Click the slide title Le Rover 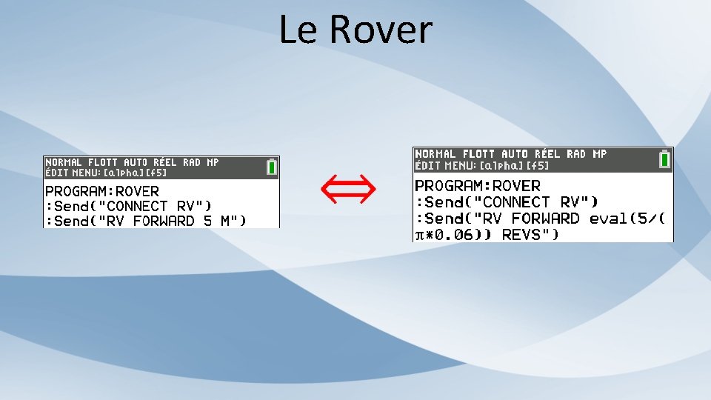355,30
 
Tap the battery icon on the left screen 272,167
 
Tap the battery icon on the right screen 665,159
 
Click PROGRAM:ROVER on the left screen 102,191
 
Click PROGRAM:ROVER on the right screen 478,185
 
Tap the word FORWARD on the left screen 156,221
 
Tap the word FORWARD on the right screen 545,219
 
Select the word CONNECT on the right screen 510,201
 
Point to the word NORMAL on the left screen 64,161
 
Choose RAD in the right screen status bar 576,154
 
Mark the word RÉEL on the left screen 166,161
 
